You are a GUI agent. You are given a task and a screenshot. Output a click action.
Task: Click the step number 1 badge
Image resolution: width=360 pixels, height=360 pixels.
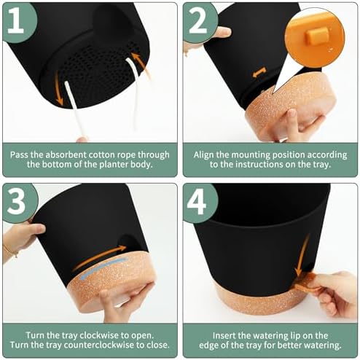(18, 22)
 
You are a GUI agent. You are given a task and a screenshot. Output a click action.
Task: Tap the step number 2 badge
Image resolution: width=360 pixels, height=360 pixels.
(199, 22)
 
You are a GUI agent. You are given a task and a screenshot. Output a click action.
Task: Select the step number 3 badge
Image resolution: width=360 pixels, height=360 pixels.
(18, 203)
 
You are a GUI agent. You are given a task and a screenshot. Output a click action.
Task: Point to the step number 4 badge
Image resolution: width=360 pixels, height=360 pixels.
(199, 203)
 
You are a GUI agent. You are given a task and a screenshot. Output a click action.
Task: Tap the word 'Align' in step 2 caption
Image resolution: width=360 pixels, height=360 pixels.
(203, 154)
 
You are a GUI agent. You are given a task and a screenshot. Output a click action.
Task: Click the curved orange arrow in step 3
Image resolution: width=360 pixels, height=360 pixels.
(98, 257)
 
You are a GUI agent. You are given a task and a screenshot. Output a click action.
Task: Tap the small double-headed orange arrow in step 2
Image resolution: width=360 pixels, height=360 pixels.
(259, 73)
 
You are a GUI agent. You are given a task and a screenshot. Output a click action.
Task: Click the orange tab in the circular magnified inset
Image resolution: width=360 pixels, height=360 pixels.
(316, 35)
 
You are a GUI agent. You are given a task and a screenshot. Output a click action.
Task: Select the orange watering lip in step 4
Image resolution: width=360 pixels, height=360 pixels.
(307, 282)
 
